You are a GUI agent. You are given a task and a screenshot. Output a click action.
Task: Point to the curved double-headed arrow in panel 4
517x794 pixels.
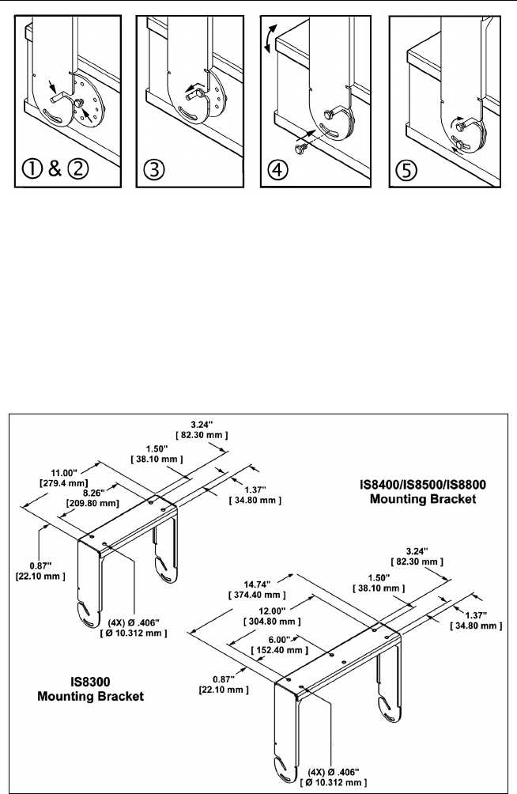coord(271,39)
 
